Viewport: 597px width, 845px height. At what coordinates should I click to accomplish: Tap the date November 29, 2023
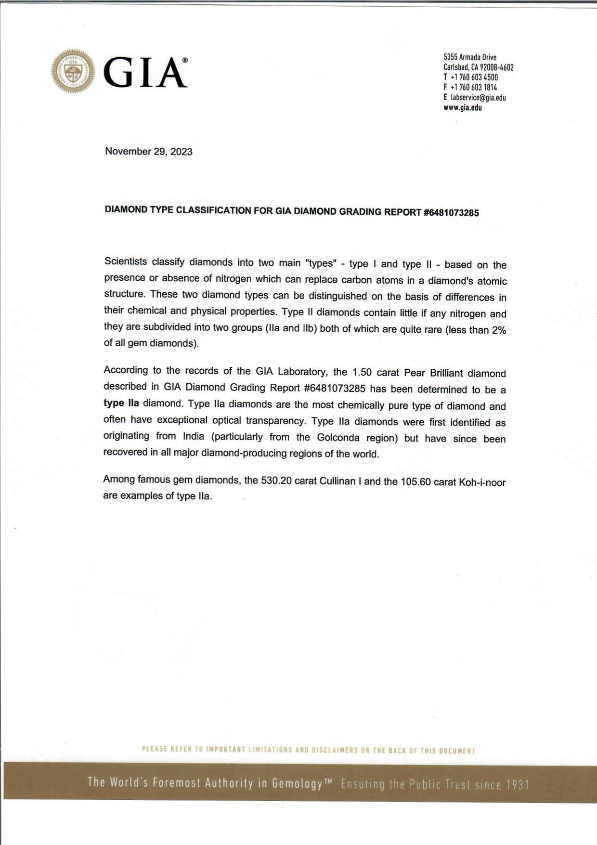(x=149, y=152)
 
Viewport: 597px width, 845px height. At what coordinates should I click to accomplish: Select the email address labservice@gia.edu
(x=478, y=98)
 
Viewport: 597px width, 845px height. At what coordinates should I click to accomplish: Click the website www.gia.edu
(x=463, y=108)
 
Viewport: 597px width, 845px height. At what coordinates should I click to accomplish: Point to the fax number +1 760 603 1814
(x=474, y=88)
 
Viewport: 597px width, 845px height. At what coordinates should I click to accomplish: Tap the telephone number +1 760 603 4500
(x=474, y=78)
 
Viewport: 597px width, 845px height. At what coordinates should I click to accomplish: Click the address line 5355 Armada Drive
(x=470, y=57)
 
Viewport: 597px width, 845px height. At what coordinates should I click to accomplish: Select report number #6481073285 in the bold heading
(x=451, y=213)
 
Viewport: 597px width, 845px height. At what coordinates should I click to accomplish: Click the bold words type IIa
(x=121, y=403)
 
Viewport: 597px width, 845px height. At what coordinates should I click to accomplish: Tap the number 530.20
(x=276, y=481)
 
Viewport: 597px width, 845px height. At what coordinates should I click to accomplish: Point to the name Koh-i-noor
(x=482, y=482)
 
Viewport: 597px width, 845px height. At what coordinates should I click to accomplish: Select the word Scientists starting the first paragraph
(x=126, y=261)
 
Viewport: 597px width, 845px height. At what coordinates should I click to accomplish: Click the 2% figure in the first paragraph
(x=499, y=330)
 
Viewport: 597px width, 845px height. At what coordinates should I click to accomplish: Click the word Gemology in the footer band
(x=297, y=784)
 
